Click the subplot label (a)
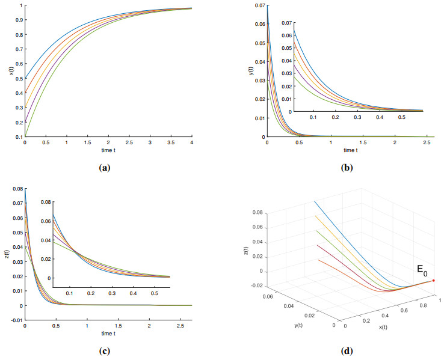click(105, 168)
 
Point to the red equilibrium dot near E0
click(433, 281)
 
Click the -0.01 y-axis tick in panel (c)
click(16, 320)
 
